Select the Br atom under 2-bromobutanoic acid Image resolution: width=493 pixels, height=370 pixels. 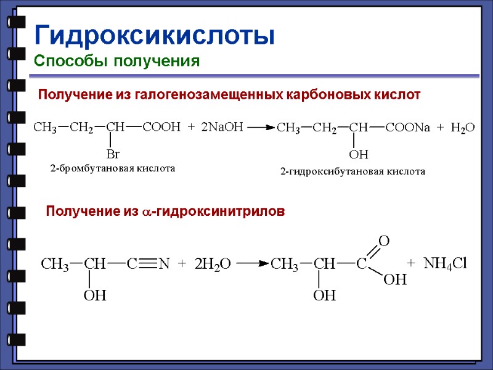coord(113,154)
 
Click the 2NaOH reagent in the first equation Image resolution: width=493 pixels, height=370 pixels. coord(222,127)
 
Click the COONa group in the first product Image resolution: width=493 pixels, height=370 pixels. coord(407,128)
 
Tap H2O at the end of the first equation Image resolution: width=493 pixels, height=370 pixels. coord(463,128)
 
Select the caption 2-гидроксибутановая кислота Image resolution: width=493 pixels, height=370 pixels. coord(352,172)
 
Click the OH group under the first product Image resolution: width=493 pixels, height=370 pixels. coord(359,154)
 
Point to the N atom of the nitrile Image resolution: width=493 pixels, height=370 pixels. coord(164,264)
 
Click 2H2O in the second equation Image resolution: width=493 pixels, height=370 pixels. coord(213,264)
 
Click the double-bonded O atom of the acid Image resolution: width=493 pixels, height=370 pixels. coord(383,241)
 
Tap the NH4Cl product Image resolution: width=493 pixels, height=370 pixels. coord(446,263)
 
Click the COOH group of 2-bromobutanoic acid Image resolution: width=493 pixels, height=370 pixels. coord(161,128)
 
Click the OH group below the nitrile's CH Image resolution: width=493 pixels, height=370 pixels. coord(95,296)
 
